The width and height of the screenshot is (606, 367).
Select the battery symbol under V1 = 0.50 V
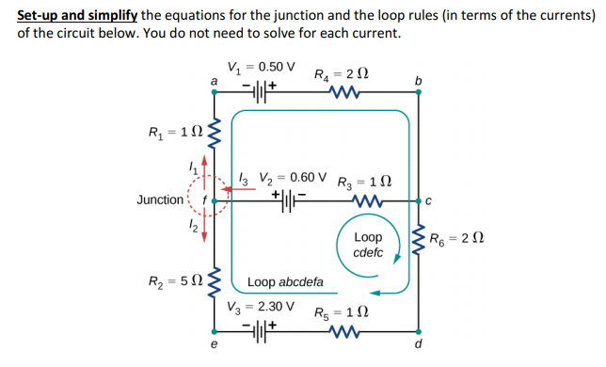click(260, 92)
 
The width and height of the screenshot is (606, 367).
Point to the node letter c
click(427, 199)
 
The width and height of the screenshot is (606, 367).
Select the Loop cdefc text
click(368, 246)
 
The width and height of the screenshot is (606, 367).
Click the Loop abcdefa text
click(285, 281)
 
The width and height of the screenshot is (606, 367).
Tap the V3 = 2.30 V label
click(261, 307)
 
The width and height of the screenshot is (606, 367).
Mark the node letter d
click(417, 344)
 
